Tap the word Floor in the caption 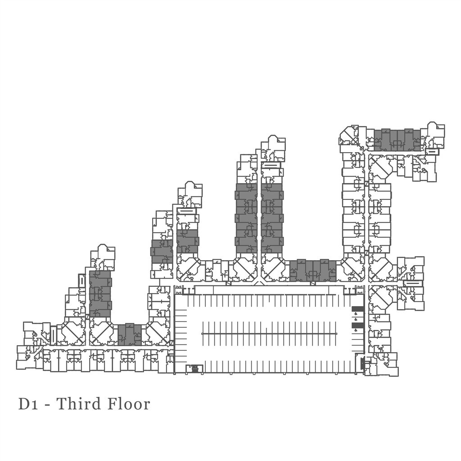128,404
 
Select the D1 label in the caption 28,404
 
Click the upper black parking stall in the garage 357,309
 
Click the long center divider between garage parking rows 269,334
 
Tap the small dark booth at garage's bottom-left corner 194,369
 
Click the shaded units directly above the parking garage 313,271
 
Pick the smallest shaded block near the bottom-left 130,334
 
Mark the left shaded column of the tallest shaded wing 246,218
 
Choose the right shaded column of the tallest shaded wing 272,218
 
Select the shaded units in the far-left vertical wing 100,294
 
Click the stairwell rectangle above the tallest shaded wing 271,165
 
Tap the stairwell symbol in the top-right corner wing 431,152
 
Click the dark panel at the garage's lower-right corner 363,362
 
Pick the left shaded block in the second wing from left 162,251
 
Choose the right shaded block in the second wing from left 187,241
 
